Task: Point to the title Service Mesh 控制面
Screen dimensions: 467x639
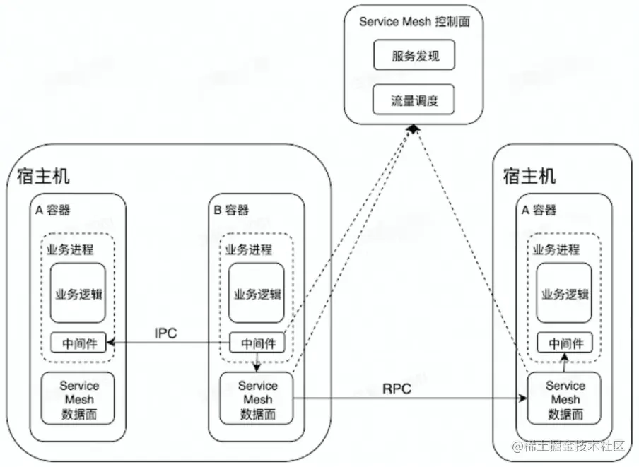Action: click(x=414, y=21)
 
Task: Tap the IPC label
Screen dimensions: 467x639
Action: click(x=166, y=333)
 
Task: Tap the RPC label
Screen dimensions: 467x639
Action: click(x=397, y=388)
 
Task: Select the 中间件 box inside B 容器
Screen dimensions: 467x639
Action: click(x=257, y=344)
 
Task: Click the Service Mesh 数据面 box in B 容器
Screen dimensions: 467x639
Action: click(x=257, y=399)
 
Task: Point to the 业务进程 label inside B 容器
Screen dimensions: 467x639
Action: click(x=248, y=249)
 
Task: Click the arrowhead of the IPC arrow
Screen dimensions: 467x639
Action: click(x=110, y=344)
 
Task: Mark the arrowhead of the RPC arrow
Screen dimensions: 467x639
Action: click(x=524, y=399)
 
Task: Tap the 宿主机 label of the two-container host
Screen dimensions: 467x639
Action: click(x=43, y=176)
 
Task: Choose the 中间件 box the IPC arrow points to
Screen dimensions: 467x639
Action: click(x=78, y=344)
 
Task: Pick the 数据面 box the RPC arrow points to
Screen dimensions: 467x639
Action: click(x=565, y=399)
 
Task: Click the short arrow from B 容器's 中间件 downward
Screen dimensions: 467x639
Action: click(x=257, y=362)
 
